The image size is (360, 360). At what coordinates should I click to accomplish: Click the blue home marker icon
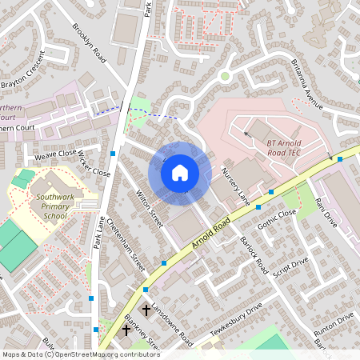[180, 172]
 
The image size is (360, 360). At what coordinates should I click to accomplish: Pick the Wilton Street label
[150, 206]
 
